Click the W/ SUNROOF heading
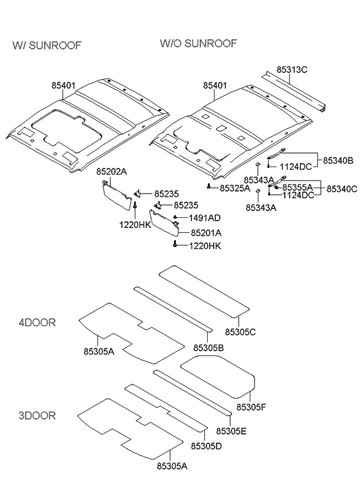[47, 45]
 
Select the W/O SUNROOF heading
[198, 43]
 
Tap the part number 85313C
[292, 70]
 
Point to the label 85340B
[339, 160]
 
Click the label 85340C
[342, 189]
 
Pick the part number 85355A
[298, 187]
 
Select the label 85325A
[235, 187]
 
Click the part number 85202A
[112, 173]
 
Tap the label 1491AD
[205, 218]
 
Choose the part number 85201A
[206, 232]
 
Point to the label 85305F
[252, 407]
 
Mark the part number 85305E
[231, 430]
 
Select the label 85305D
[206, 446]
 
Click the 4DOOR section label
[37, 322]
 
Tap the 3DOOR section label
[37, 415]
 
